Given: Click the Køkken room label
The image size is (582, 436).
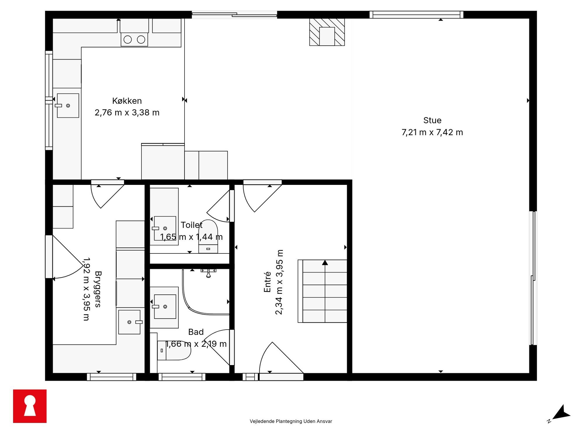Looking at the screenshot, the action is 127,101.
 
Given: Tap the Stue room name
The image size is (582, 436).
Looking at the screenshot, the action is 432,120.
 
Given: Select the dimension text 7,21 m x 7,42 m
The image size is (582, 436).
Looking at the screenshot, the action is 432,132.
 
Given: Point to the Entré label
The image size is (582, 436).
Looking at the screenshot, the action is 267,282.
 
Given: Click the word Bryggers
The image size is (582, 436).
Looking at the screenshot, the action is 98,289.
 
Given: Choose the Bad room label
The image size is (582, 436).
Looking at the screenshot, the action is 196,332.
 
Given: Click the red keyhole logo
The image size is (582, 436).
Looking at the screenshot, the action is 30,406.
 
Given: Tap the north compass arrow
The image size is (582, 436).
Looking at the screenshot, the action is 561,413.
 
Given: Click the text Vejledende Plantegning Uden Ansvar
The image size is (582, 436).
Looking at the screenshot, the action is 291,421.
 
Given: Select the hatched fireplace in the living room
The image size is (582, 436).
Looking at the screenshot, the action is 327,32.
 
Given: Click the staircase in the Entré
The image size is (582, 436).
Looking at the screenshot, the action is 322,291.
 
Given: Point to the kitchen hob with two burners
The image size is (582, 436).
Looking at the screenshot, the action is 134,40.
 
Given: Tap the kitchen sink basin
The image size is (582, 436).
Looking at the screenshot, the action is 68,105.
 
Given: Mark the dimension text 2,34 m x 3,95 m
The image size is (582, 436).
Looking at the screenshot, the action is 279,282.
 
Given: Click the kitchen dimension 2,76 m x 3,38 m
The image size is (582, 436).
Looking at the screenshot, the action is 127,113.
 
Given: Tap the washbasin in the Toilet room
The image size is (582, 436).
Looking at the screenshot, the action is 165,228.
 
